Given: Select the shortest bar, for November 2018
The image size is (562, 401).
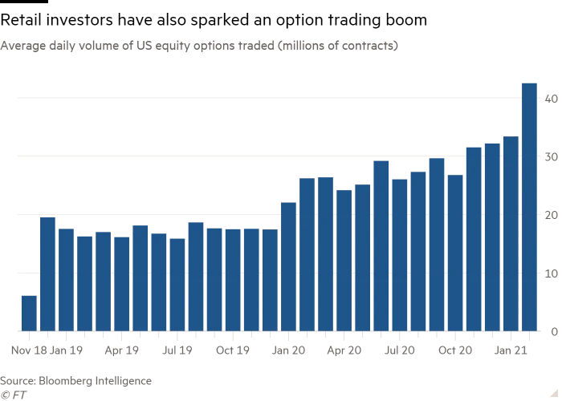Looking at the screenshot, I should (29, 313).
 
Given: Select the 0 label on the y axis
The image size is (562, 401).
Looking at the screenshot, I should (553, 332).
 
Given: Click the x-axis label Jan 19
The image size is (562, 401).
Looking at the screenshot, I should (66, 350).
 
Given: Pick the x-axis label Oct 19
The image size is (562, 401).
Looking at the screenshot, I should (233, 350).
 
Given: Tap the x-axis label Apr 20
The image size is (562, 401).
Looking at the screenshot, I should (344, 350).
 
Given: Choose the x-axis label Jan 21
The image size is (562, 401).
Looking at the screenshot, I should (511, 350).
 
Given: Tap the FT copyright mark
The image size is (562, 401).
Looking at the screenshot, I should (12, 394).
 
